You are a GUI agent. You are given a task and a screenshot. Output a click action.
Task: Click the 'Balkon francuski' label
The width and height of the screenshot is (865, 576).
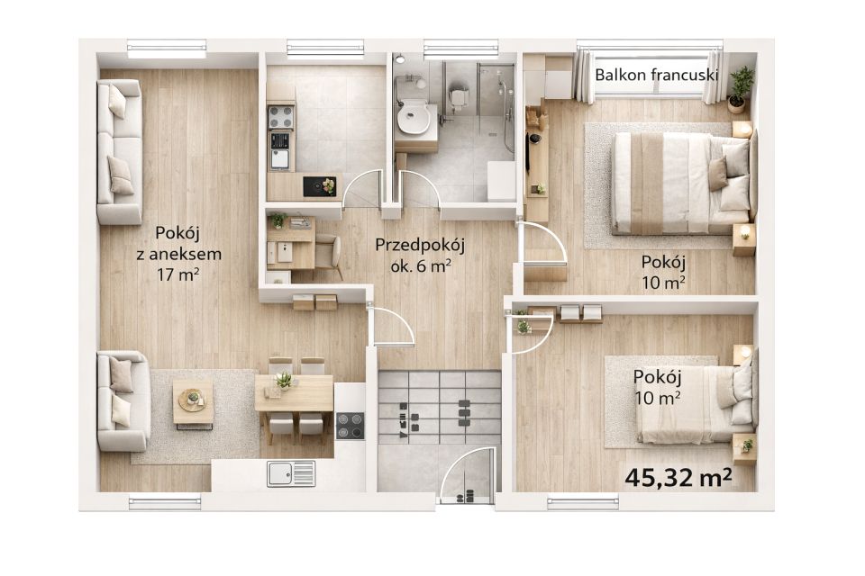[x=656, y=75]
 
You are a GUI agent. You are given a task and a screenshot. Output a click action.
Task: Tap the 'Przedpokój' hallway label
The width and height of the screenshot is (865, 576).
[x=420, y=245]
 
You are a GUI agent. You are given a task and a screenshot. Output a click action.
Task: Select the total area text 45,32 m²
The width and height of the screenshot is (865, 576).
[x=678, y=477]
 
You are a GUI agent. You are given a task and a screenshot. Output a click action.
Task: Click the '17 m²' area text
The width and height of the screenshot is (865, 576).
[x=178, y=274]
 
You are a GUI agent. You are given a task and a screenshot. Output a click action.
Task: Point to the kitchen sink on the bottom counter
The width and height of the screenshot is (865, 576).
[x=291, y=474]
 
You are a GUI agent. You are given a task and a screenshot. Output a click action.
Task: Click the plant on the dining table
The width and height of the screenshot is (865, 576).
[x=284, y=380]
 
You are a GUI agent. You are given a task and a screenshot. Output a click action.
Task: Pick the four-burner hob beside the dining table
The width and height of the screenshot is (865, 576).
[x=351, y=426]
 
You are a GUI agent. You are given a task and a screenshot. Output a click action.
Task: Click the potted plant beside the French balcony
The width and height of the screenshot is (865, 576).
[x=739, y=89]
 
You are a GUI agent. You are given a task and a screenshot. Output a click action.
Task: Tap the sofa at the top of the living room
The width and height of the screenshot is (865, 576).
[x=119, y=151]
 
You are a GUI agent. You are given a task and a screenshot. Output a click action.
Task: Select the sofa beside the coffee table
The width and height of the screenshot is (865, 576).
[x=123, y=400]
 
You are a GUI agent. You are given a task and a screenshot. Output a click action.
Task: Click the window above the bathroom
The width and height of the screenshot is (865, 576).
[x=461, y=48]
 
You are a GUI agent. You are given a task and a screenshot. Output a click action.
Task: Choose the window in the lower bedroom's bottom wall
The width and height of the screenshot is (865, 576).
[x=583, y=501]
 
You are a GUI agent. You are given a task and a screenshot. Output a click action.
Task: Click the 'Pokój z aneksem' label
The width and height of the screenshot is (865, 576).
[x=178, y=243]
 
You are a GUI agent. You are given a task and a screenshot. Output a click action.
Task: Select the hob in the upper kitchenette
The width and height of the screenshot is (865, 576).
[x=280, y=117]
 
